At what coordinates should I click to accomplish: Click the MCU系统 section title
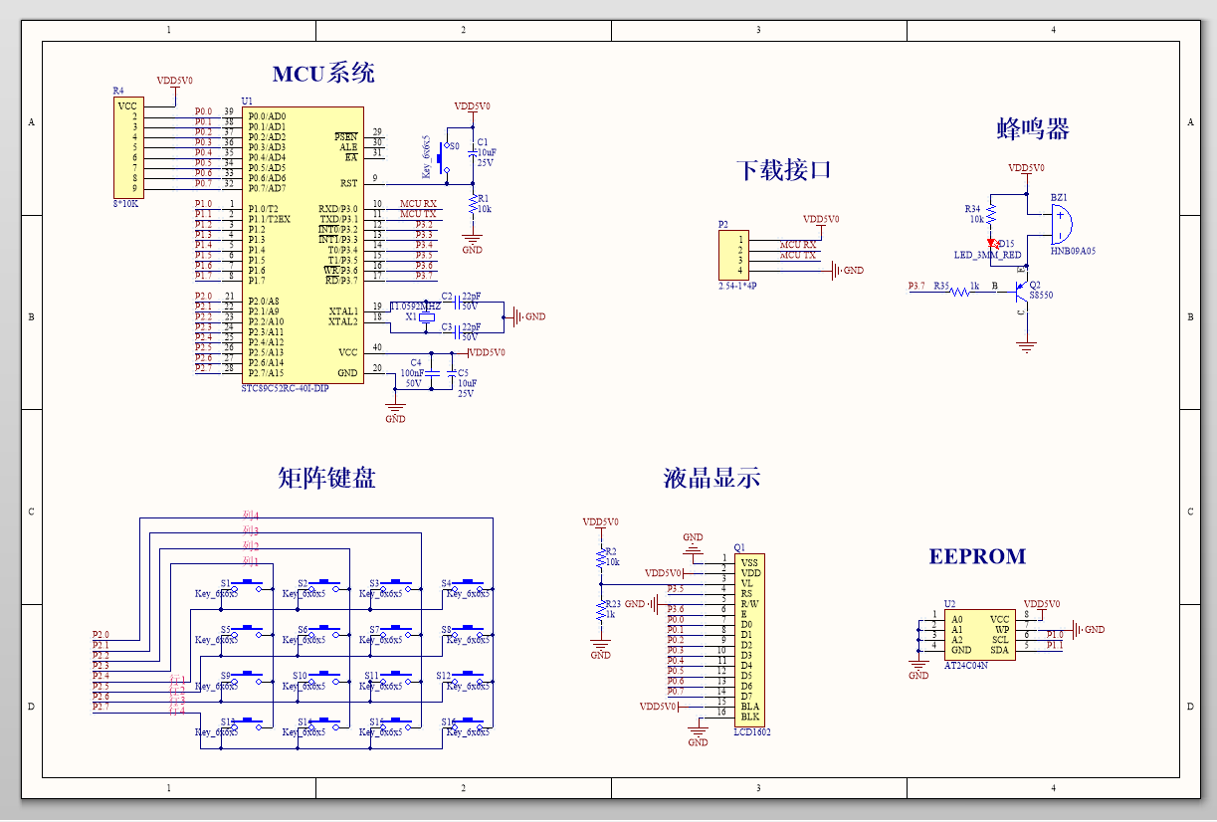[323, 74]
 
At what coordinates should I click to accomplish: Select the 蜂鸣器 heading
[1032, 128]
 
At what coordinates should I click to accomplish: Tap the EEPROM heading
[976, 556]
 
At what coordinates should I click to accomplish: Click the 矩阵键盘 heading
[326, 478]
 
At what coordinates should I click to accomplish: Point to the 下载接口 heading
[783, 170]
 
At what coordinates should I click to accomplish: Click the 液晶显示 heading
[711, 478]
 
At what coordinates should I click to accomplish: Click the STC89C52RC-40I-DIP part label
[285, 388]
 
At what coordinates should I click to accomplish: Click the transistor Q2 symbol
[1019, 291]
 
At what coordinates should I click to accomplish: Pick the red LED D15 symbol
[992, 243]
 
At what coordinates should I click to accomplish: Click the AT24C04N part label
[965, 665]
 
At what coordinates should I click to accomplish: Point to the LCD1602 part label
[751, 732]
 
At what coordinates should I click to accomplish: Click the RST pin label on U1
[348, 183]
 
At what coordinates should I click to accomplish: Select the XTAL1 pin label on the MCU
[343, 311]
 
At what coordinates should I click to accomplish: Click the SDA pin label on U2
[999, 651]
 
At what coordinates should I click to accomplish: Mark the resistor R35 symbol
[959, 292]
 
